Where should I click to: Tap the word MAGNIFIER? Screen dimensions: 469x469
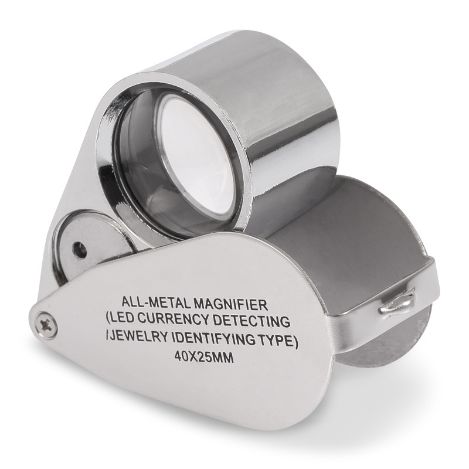230,304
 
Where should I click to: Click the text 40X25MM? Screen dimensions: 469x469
203,357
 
